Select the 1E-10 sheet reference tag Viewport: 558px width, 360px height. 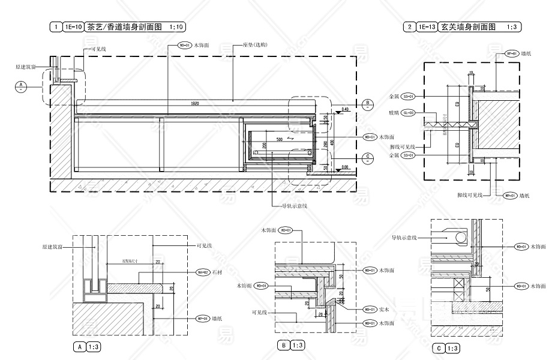pyautogui.click(x=73, y=27)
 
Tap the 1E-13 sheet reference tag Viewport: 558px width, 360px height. pyautogui.click(x=427, y=27)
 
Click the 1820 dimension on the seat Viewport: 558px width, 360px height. pyautogui.click(x=194, y=104)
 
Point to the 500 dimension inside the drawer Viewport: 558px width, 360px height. pyautogui.click(x=280, y=139)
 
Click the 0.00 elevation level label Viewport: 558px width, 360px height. pyautogui.click(x=344, y=167)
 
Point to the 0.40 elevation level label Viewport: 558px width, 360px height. pyautogui.click(x=344, y=110)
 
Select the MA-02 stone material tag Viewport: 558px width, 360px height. pyautogui.click(x=203, y=272)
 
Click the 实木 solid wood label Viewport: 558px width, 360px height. pyautogui.click(x=386, y=310)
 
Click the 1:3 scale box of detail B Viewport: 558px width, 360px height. pyautogui.click(x=298, y=345)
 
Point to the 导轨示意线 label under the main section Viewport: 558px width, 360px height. pyautogui.click(x=295, y=206)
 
